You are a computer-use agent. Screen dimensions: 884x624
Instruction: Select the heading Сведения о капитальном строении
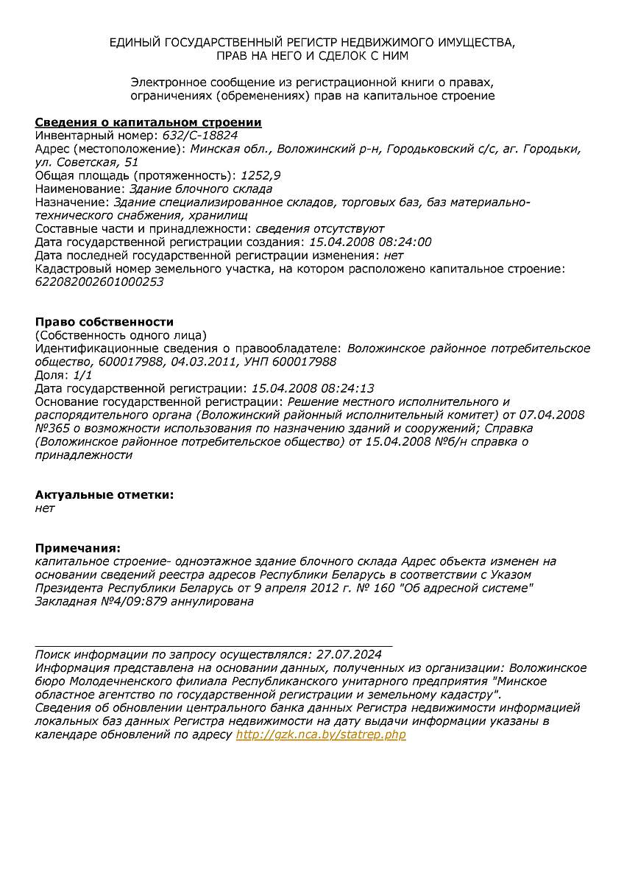point(148,122)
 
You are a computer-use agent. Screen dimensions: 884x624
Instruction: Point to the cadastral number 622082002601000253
point(99,282)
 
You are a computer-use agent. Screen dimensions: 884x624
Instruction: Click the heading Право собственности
point(104,322)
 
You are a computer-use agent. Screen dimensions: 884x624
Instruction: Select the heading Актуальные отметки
point(104,494)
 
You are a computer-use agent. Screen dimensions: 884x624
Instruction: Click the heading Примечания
point(77,547)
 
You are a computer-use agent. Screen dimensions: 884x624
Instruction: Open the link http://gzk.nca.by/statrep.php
point(321,734)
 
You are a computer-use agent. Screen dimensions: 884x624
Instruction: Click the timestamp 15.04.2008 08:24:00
point(371,242)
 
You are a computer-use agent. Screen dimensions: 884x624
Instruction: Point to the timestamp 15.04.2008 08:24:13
point(313,388)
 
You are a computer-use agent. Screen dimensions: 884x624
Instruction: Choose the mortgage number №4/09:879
point(127,601)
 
